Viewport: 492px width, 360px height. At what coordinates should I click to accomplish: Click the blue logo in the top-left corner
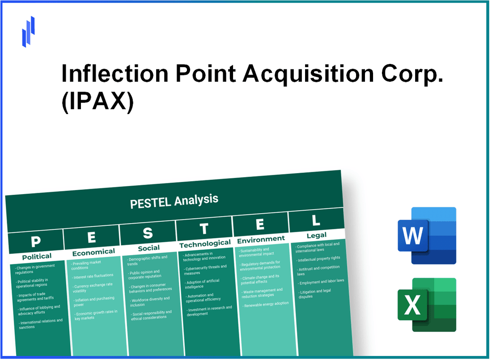(x=28, y=31)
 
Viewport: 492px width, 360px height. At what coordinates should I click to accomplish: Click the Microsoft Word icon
(x=427, y=236)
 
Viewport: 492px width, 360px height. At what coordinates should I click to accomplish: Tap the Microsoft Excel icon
(x=427, y=305)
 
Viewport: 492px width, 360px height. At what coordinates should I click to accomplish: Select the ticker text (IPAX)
(x=98, y=104)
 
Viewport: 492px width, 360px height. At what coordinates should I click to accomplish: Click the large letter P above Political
(x=35, y=241)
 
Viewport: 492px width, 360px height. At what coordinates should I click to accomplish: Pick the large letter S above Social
(x=148, y=233)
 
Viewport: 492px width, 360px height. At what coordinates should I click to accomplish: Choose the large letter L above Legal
(x=316, y=220)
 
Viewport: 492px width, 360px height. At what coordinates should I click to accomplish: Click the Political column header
(x=37, y=256)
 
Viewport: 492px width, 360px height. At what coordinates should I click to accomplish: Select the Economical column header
(x=93, y=252)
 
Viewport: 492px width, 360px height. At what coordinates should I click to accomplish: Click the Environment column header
(x=261, y=239)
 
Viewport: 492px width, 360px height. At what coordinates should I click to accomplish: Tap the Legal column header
(x=317, y=235)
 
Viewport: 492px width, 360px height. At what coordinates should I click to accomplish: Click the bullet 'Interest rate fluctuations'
(x=93, y=276)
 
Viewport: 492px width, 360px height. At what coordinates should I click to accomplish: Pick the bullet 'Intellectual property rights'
(x=319, y=258)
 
